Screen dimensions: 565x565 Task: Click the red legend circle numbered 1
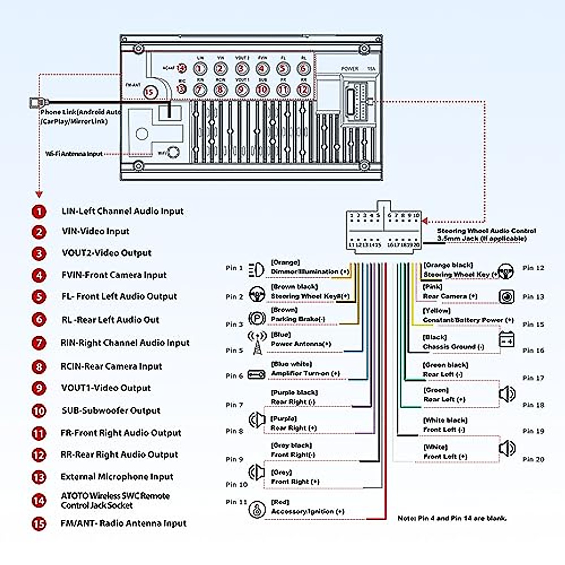click(39, 211)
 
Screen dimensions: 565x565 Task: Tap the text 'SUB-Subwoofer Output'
click(111, 411)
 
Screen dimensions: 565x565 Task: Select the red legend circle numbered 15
click(39, 523)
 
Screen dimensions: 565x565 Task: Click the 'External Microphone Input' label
click(117, 476)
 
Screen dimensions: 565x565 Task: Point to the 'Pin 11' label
click(236, 502)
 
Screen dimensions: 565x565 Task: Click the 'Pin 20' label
click(533, 459)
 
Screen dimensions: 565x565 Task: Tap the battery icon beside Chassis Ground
click(507, 339)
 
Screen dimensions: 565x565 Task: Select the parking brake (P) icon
click(257, 319)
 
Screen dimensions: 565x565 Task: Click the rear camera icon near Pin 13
click(507, 297)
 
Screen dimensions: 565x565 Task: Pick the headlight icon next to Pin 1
click(256, 269)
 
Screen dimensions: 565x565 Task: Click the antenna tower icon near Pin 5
click(257, 343)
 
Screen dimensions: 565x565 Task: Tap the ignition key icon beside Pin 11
click(257, 510)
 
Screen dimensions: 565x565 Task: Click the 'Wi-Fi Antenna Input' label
click(74, 153)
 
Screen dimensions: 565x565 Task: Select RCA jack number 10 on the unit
click(262, 89)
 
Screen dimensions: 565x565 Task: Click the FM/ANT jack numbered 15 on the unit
click(150, 92)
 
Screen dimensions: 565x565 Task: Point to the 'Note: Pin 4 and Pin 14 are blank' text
click(452, 518)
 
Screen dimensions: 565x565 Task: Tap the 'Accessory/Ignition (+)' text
click(307, 511)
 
